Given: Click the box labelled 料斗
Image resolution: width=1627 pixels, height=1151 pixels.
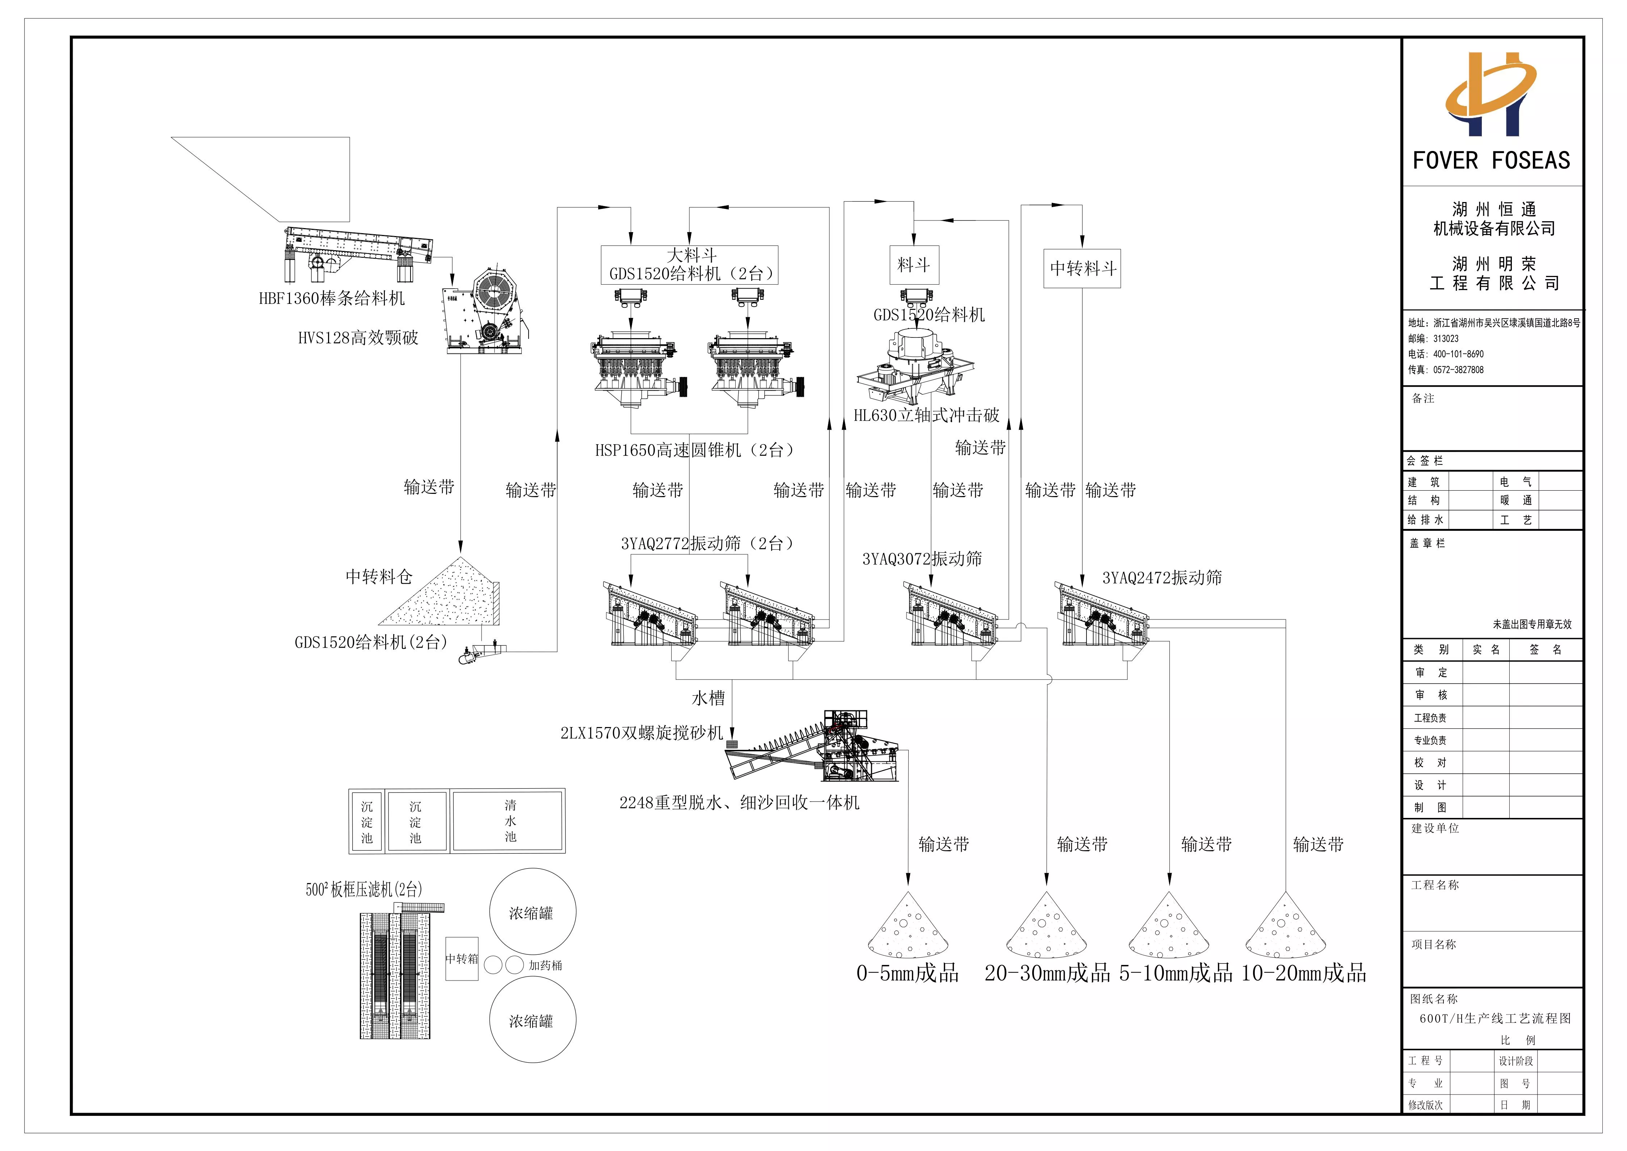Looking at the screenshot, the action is tap(914, 265).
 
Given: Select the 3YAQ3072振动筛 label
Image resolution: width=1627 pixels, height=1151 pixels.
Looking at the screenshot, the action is tap(922, 559).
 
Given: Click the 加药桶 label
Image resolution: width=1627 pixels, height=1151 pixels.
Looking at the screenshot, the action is tap(545, 965).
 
